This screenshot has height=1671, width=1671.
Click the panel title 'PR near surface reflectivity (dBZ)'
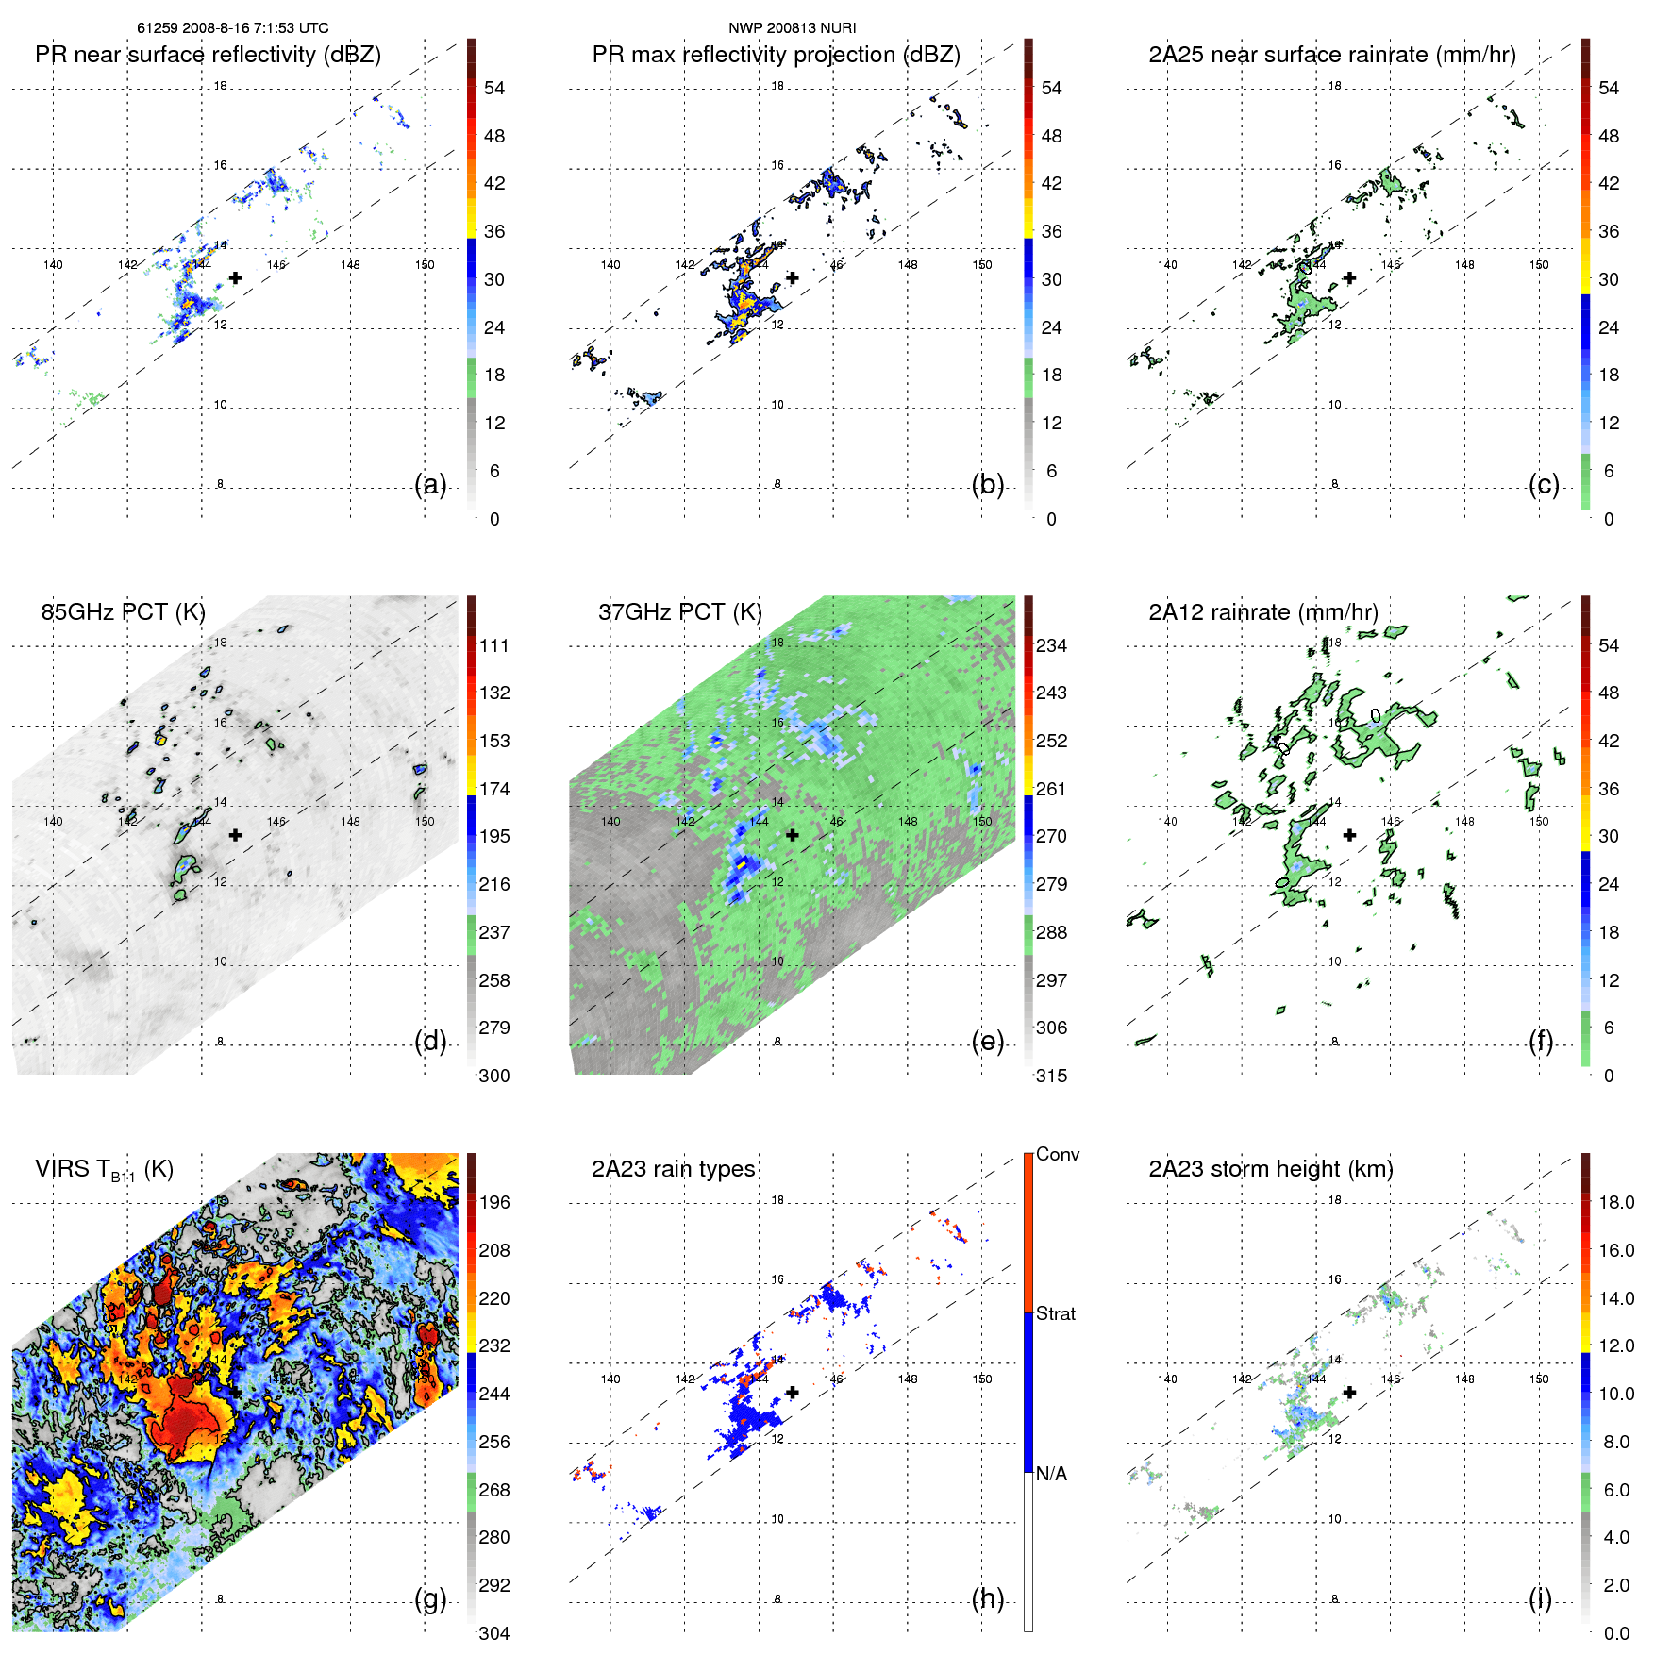click(208, 55)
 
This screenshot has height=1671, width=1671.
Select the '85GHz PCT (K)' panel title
click(123, 611)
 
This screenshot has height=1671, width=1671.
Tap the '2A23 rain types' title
click(673, 1169)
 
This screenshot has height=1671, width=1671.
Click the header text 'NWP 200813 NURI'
click(792, 28)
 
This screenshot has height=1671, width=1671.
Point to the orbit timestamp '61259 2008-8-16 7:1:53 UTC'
click(233, 28)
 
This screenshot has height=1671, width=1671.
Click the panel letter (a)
click(430, 484)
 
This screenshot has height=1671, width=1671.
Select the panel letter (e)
click(987, 1041)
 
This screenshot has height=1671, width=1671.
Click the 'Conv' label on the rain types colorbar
click(1057, 1154)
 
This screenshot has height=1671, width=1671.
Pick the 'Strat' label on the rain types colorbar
click(1055, 1313)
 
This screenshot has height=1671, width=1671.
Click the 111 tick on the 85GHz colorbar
click(493, 645)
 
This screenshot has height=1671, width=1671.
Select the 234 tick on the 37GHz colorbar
click(1051, 645)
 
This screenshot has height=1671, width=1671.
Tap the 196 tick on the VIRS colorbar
click(493, 1202)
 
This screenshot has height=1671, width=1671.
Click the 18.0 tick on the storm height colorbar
click(1615, 1202)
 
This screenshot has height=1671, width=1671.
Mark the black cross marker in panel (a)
click(235, 277)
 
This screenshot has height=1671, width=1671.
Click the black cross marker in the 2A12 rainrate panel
click(1349, 835)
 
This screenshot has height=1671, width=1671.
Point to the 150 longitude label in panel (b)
click(982, 265)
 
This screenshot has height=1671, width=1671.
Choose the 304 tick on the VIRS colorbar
click(493, 1633)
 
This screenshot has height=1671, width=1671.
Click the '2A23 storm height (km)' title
click(1270, 1169)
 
